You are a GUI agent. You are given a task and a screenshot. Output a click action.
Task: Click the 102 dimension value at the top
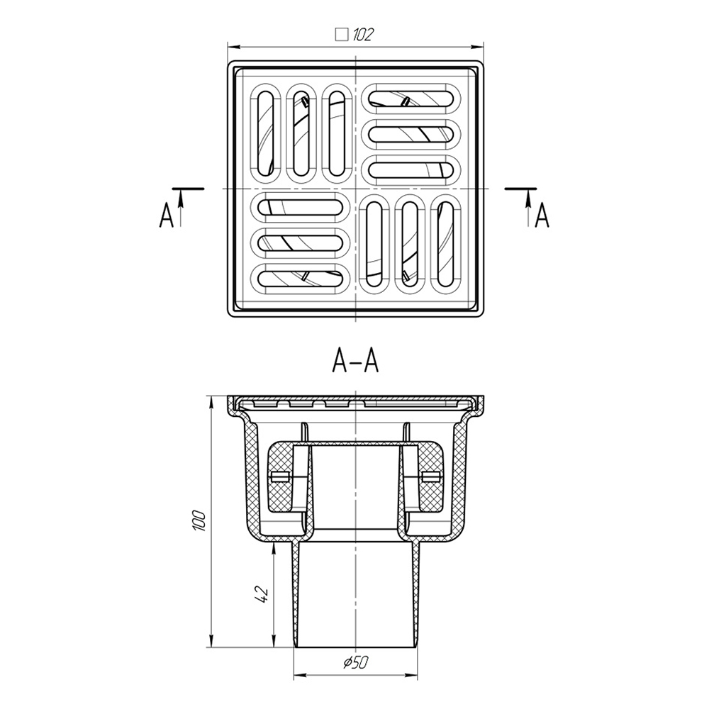point(363,35)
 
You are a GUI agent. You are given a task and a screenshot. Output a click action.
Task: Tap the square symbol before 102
point(342,35)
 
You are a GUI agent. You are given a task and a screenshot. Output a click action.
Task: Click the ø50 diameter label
point(356,663)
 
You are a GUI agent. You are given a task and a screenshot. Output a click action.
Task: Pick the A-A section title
point(355,361)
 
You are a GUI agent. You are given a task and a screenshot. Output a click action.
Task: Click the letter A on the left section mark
point(167,216)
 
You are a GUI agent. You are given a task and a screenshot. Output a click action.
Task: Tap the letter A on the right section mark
point(542,216)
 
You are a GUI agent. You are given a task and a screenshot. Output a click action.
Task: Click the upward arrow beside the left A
point(181,207)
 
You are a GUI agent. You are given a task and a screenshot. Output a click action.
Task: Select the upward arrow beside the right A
point(527,207)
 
